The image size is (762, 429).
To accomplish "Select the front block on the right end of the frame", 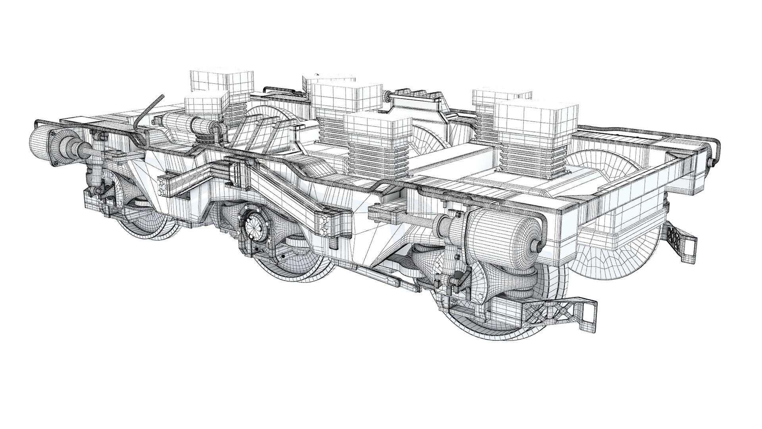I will [536, 115].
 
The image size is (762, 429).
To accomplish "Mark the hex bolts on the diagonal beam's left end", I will [162, 186].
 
